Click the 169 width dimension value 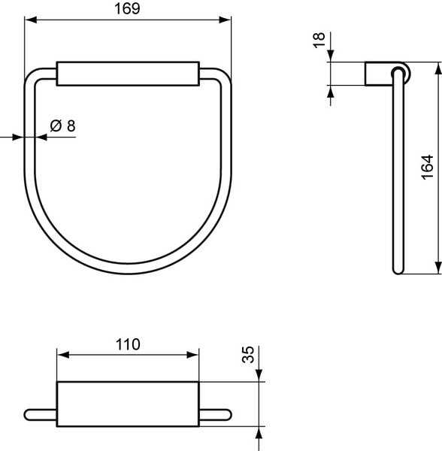(127, 8)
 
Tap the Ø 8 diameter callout (62, 126)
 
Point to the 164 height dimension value (426, 167)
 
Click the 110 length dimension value (128, 344)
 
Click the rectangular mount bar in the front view (128, 76)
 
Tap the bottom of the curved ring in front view (128, 271)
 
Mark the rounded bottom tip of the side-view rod (396, 271)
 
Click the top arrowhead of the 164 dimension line (436, 68)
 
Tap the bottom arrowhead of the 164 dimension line (436, 270)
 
